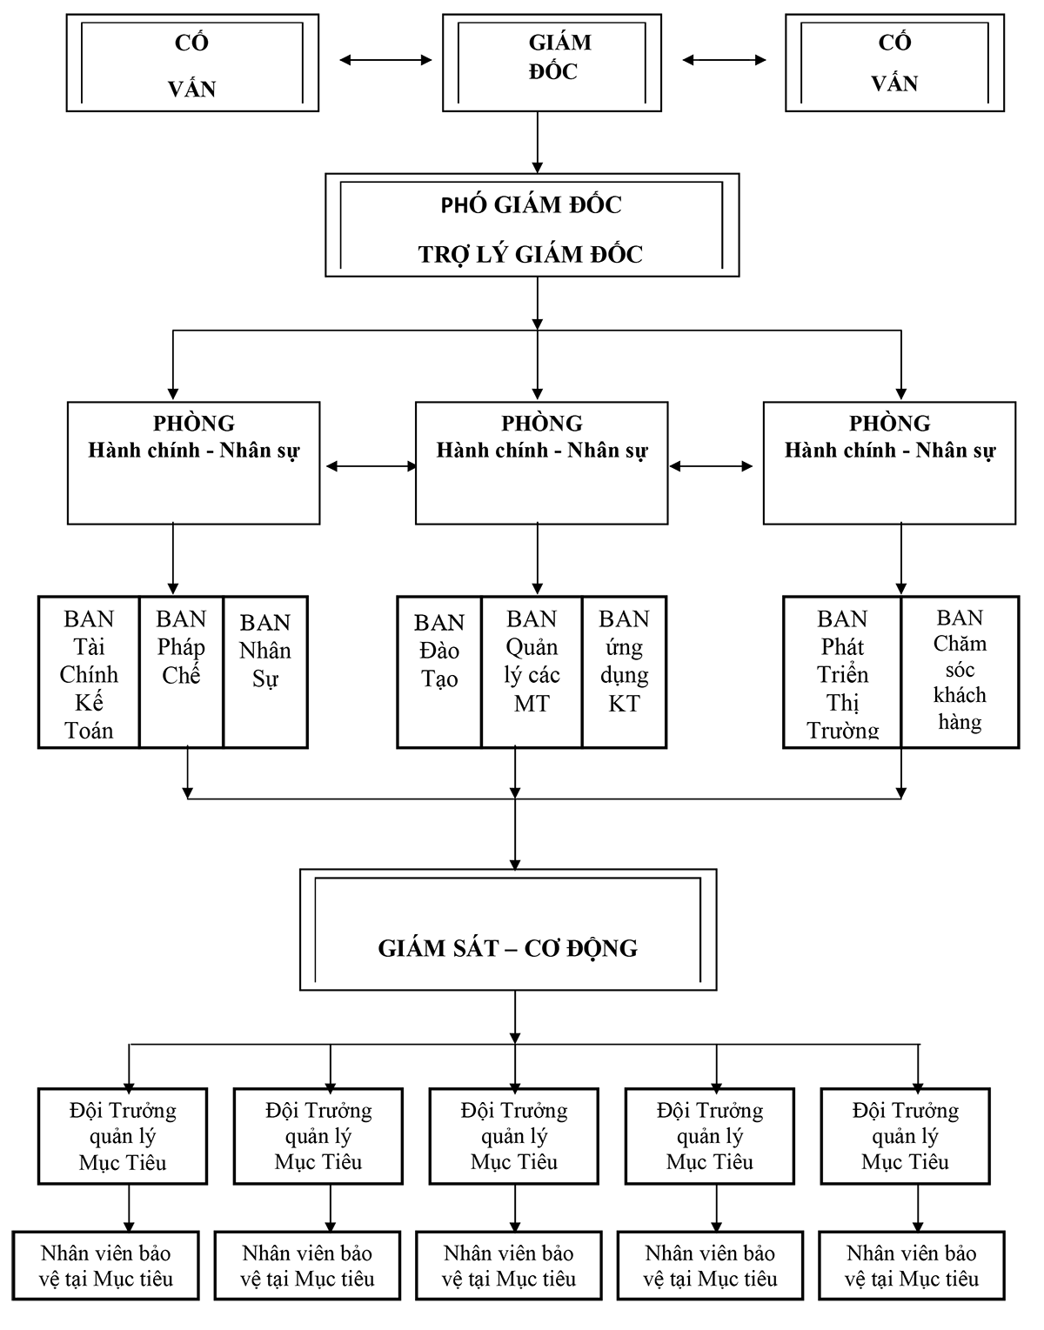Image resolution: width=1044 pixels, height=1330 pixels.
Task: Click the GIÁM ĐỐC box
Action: (x=552, y=63)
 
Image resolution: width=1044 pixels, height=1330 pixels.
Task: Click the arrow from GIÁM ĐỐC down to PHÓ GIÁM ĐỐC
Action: (x=538, y=143)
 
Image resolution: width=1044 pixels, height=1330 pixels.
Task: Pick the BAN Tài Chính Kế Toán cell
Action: (x=89, y=672)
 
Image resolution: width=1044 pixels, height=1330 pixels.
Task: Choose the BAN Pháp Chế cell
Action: (x=181, y=672)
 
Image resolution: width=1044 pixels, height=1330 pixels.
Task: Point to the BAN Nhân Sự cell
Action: (x=265, y=672)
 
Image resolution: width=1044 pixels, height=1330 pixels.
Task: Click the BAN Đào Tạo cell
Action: (x=439, y=672)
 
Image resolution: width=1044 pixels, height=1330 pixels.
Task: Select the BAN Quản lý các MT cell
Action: (x=532, y=672)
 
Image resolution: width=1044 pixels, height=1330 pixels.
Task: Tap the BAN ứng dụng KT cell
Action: (x=624, y=672)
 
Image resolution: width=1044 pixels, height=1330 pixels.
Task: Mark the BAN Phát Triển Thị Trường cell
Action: (x=842, y=672)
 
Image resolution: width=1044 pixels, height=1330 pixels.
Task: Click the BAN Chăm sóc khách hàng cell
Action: (x=960, y=672)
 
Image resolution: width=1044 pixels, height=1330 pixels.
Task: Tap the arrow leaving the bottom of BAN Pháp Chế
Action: (x=187, y=772)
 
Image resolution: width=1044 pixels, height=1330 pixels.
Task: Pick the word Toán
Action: (x=89, y=730)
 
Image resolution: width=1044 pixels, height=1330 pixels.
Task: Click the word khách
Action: (x=960, y=695)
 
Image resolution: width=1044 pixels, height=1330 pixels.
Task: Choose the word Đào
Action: (x=439, y=650)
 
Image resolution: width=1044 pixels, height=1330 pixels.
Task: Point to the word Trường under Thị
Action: (x=843, y=730)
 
